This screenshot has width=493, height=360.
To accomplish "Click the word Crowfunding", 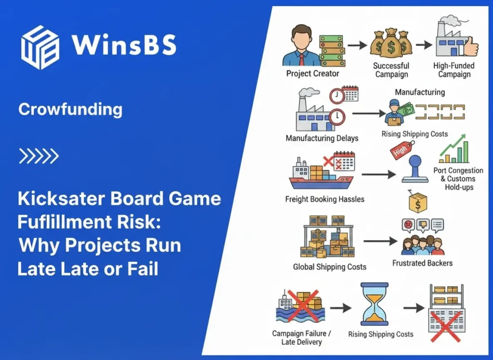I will [70, 109].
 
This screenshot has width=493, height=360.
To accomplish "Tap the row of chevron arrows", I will [39, 156].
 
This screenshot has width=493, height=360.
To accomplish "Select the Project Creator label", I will [312, 74].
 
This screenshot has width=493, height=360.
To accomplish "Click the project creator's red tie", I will [301, 59].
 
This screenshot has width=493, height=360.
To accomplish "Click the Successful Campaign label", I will [391, 70].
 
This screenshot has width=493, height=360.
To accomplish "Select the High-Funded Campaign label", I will [454, 70].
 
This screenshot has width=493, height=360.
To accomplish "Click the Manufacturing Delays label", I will [322, 138].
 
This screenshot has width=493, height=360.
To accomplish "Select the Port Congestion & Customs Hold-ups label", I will [458, 179].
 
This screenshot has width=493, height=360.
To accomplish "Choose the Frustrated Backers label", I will [422, 263].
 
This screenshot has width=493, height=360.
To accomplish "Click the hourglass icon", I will [374, 304].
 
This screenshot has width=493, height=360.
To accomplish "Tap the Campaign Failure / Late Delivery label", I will [302, 338].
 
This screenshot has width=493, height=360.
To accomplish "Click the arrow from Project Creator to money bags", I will [357, 46].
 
